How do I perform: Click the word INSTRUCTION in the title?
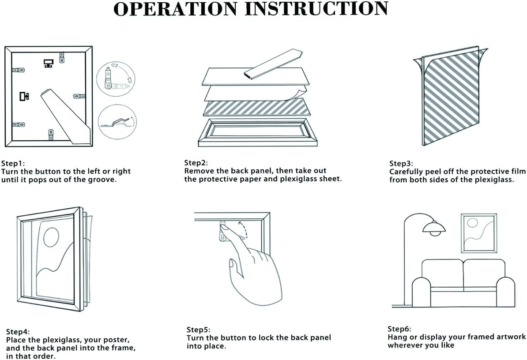316,9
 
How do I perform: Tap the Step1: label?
13,163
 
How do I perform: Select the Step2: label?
196,163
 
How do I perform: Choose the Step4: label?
18,332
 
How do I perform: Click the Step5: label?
199,330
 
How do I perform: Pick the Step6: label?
399,329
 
